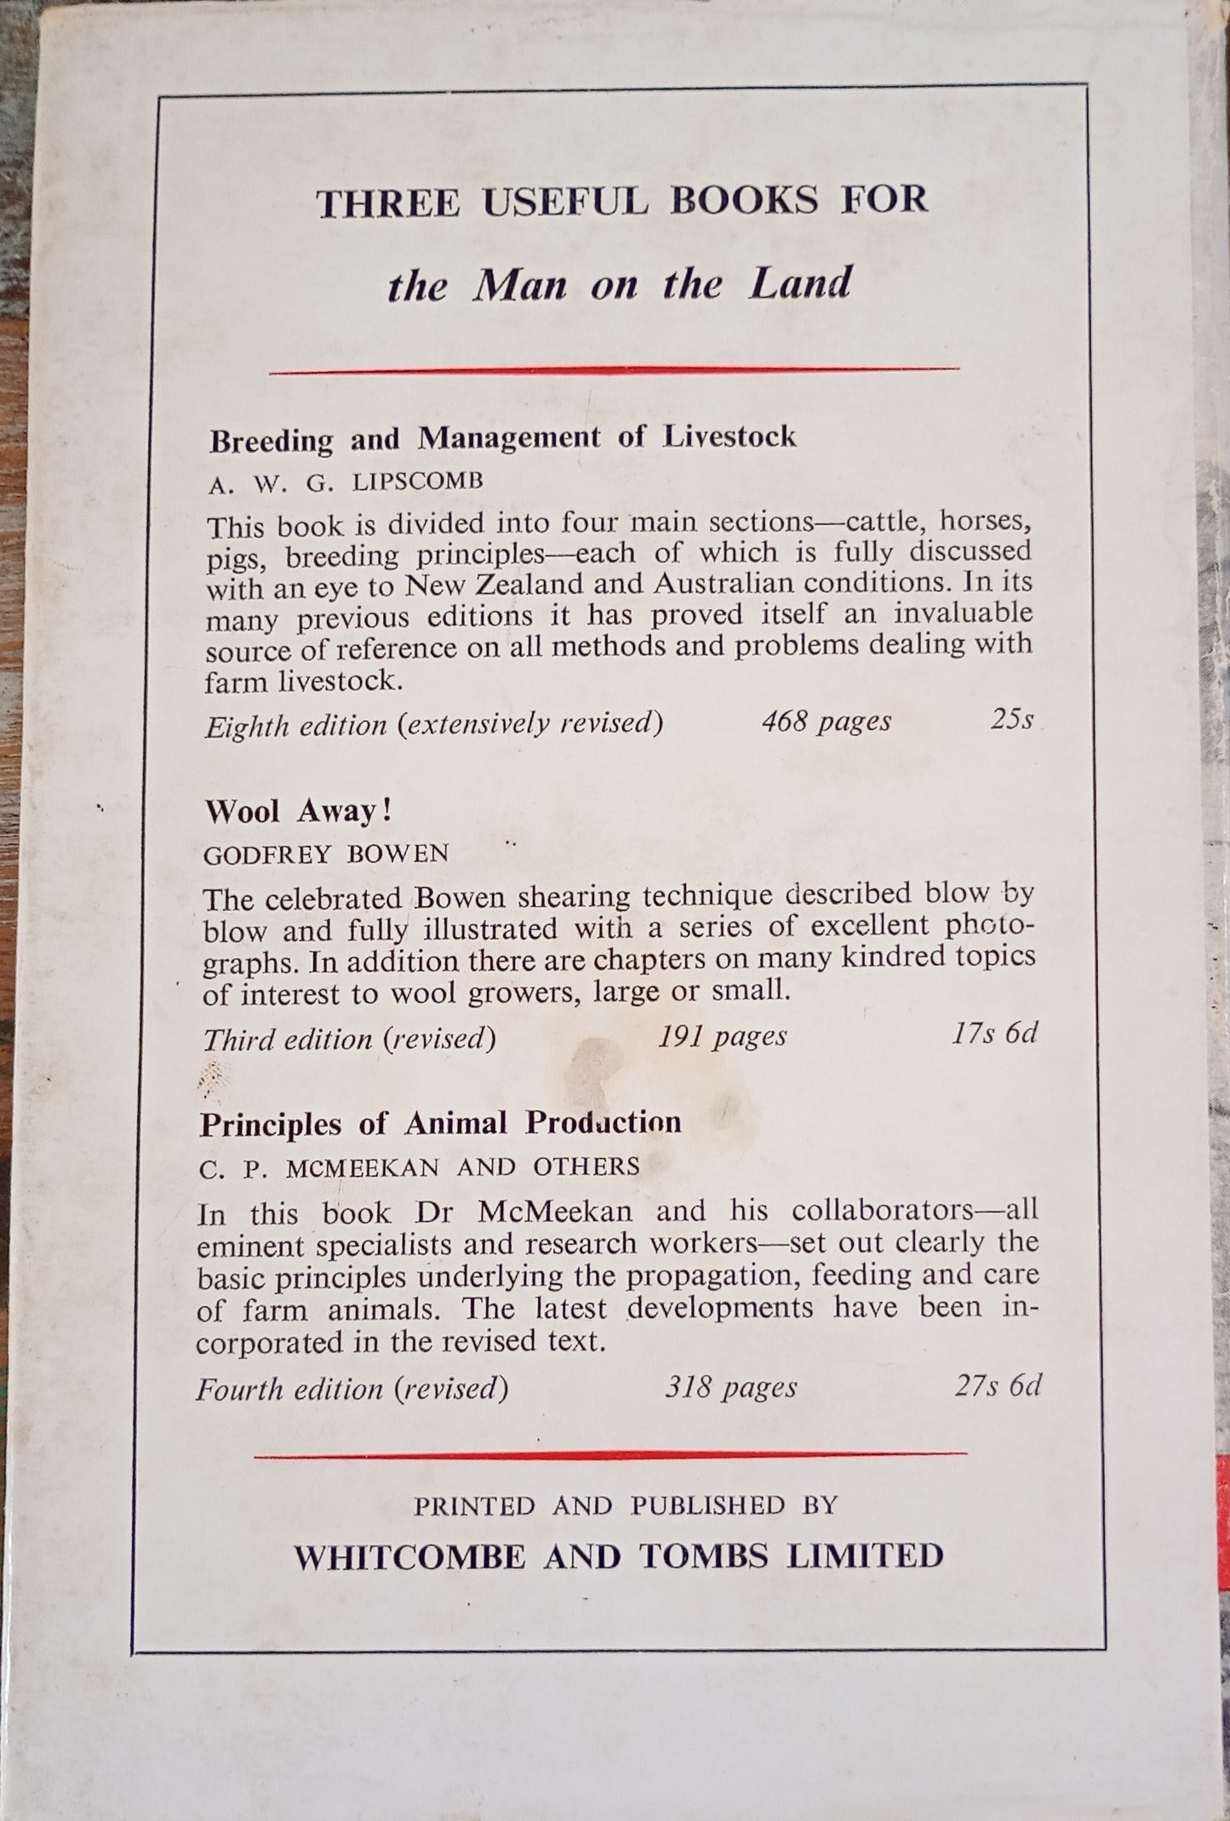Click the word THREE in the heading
[388, 203]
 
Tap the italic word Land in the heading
[799, 283]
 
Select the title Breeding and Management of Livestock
[502, 438]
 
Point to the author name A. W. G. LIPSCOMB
[346, 482]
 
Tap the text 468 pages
[826, 721]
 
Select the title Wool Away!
[298, 811]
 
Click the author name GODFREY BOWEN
[326, 854]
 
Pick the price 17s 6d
[994, 1033]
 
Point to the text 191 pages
[722, 1036]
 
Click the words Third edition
[288, 1039]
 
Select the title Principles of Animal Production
[440, 1123]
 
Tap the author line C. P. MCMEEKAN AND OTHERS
[419, 1167]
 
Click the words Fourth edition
[289, 1390]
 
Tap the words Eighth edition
[295, 725]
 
